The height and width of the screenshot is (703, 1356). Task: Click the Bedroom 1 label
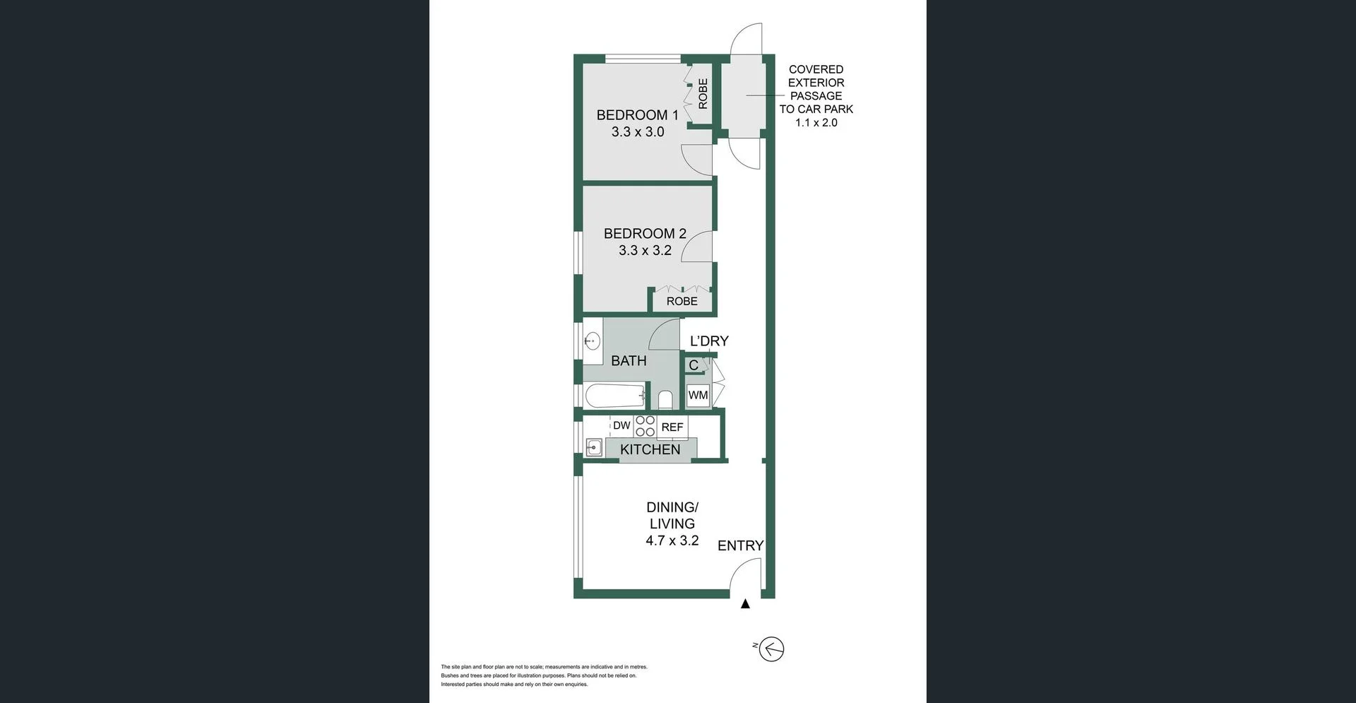[x=637, y=114]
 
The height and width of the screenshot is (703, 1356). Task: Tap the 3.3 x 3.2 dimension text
[x=645, y=250]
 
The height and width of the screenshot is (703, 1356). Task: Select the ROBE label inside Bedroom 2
[x=682, y=301]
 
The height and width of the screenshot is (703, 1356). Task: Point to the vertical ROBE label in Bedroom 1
[x=703, y=93]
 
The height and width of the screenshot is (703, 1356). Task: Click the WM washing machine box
[x=698, y=395]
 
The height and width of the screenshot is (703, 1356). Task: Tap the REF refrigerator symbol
[x=672, y=427]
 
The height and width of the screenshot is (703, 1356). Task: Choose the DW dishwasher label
[x=621, y=425]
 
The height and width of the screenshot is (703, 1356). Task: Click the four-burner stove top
[x=645, y=426]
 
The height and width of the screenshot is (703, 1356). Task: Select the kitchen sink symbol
[x=593, y=447]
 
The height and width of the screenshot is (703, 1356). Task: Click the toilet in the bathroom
[x=665, y=400]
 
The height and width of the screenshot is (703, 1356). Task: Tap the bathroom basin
[x=592, y=342]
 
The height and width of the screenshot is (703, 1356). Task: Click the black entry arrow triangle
[x=745, y=604]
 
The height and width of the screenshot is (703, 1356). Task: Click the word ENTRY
[x=740, y=545]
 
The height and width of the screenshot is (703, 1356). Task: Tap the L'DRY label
[x=709, y=341]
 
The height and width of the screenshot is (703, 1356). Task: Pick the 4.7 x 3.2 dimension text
[x=672, y=540]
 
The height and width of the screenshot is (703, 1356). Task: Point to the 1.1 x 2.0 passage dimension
[x=816, y=122]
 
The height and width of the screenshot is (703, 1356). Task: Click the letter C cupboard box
[x=694, y=365]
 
